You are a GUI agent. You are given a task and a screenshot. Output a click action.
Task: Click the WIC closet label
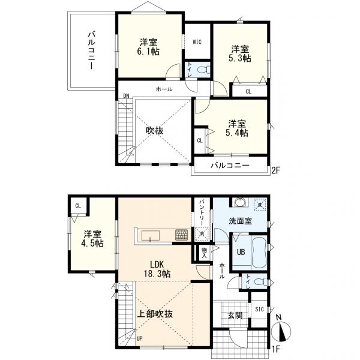(x=197, y=42)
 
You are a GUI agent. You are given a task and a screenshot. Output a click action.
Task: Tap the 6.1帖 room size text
(x=148, y=52)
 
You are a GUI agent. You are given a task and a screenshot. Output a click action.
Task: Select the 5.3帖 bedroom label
(x=239, y=58)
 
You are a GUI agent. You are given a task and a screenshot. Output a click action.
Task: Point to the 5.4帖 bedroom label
(x=237, y=133)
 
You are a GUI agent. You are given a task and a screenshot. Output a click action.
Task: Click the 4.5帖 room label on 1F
(x=92, y=244)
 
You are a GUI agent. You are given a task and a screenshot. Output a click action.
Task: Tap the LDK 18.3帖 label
(x=157, y=269)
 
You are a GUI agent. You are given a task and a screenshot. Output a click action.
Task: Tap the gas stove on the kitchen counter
(x=181, y=235)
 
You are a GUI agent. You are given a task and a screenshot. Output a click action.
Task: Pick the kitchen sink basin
(x=151, y=236)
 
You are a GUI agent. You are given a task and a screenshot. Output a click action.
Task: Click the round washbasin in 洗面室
(x=241, y=202)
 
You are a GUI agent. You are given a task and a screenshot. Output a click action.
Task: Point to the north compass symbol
(x=281, y=331)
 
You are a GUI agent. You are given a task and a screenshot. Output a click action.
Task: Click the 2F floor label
(x=276, y=170)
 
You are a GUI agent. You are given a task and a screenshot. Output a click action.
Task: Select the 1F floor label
(x=276, y=349)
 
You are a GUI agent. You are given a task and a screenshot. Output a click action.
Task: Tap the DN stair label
(x=126, y=96)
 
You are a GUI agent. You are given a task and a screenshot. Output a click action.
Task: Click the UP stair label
(x=139, y=338)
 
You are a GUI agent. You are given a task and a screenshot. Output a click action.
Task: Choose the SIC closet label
(x=259, y=309)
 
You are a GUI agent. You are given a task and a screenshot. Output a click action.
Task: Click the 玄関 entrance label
(x=235, y=315)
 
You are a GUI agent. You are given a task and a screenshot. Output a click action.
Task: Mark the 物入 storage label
(x=204, y=253)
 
